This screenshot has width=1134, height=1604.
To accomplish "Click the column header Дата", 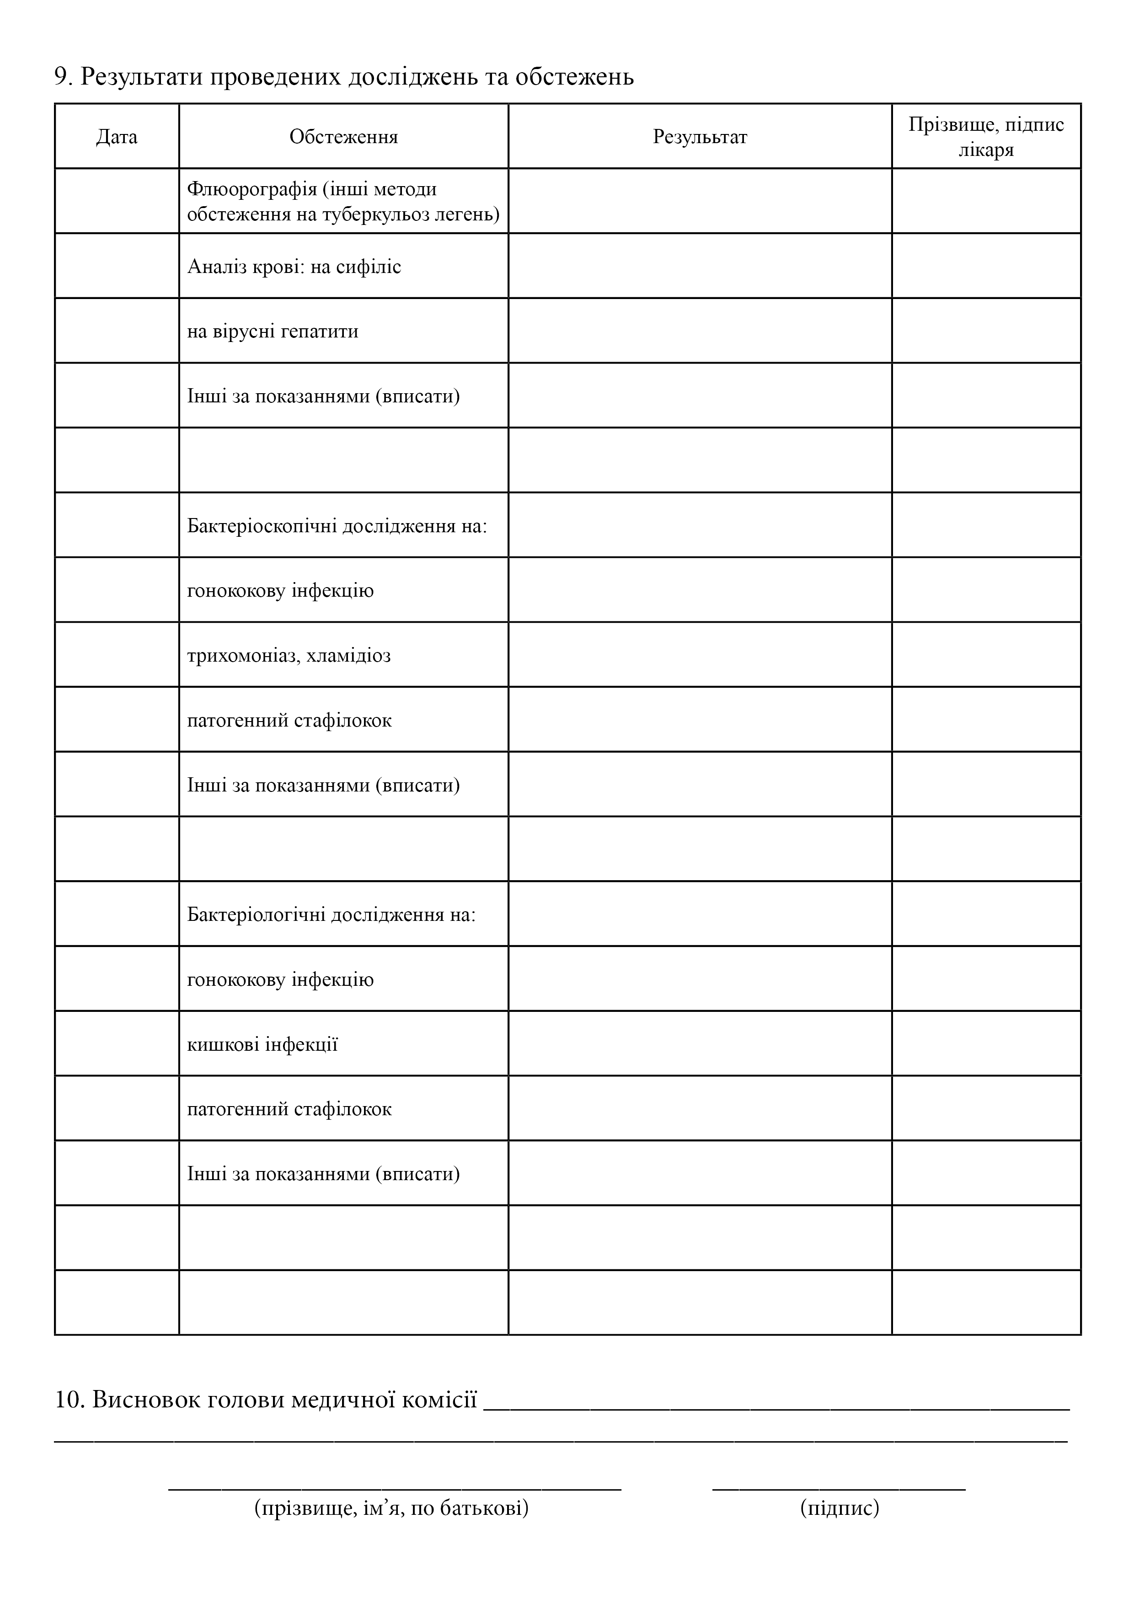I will coord(117,137).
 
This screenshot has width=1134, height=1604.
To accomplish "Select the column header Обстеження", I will coord(344,137).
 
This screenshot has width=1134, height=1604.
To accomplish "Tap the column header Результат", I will coord(700,137).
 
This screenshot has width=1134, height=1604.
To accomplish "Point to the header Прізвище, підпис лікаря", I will coord(986,137).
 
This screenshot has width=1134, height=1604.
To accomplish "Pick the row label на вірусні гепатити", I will coord(273,331).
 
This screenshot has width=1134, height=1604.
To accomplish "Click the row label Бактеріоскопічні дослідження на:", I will coord(337,525).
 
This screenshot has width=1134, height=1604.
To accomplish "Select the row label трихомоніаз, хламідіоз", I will coord(289,655).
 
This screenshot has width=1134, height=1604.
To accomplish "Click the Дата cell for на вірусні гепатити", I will coord(117,331).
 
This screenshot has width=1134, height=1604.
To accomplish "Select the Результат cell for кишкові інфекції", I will coord(700,1044).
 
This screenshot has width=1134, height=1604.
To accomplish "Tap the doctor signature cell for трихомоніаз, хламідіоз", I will coord(986,655).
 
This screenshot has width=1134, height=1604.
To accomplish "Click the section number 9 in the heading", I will coord(61,77).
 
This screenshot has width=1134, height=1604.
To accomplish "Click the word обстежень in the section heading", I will coord(574,77).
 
